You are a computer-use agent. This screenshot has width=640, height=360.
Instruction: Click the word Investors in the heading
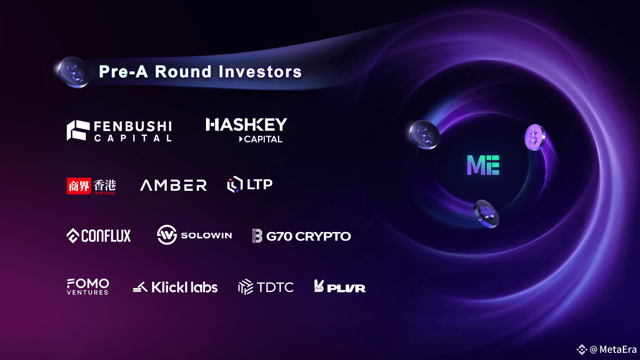[260, 72]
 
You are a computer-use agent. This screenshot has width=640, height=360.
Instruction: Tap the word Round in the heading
[183, 72]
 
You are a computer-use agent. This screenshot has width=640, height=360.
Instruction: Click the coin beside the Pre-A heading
[74, 72]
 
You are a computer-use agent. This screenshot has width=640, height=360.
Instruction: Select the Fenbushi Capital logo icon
[78, 130]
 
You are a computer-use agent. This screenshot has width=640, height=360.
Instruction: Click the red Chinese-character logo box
[79, 186]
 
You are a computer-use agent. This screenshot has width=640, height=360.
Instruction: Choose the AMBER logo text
[174, 185]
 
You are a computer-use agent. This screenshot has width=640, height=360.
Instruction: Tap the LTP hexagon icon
[235, 184]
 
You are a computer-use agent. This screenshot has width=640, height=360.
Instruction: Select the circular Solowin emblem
[167, 235]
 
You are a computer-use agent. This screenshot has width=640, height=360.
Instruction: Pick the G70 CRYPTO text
[308, 236]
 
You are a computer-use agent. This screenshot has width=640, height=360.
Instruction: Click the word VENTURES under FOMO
[88, 292]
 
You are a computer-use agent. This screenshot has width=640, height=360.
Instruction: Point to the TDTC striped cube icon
[246, 287]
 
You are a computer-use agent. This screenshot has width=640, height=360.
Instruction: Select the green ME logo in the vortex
[483, 165]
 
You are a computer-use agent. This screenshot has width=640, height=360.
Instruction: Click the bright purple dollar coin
[535, 137]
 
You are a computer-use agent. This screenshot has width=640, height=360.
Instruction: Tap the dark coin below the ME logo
[486, 214]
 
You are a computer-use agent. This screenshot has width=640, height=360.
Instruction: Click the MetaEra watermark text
[618, 350]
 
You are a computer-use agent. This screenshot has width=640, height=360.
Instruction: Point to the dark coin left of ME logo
[424, 134]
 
